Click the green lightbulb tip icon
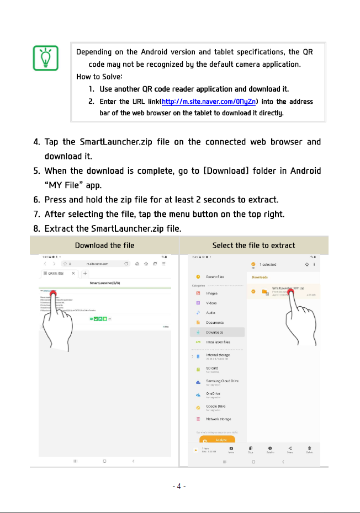46,58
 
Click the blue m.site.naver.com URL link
208,101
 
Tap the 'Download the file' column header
104,245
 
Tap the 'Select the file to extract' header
253,245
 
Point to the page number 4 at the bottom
179,487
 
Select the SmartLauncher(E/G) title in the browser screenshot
105,283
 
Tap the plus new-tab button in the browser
85,274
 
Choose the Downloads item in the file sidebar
214,332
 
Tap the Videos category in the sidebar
211,303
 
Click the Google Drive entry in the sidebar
215,407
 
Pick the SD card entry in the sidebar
211,368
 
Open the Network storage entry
218,419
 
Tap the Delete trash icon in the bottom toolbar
310,448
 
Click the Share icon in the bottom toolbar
290,448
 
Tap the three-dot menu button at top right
315,265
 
